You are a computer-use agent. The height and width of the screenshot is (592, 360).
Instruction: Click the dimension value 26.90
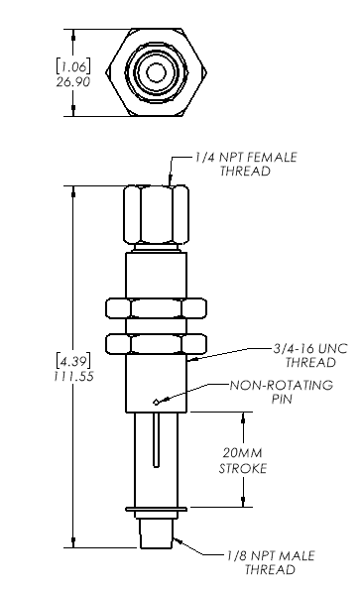click(73, 81)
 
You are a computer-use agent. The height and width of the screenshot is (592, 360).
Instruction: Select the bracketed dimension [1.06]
click(73, 66)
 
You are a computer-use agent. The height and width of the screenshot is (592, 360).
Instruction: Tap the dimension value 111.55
click(73, 376)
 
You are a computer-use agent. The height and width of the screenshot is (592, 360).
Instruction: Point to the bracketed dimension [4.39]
click(73, 361)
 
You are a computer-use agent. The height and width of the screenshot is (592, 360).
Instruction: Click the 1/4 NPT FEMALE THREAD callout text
click(246, 164)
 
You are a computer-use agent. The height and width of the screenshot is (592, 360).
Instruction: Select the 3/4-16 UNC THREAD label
click(310, 355)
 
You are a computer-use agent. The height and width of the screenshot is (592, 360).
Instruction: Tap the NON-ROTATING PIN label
click(282, 392)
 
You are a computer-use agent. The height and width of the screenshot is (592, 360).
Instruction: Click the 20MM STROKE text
click(243, 461)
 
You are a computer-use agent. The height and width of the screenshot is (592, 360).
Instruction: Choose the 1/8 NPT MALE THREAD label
click(271, 562)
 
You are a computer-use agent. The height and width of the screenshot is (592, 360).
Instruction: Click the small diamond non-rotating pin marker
click(156, 402)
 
